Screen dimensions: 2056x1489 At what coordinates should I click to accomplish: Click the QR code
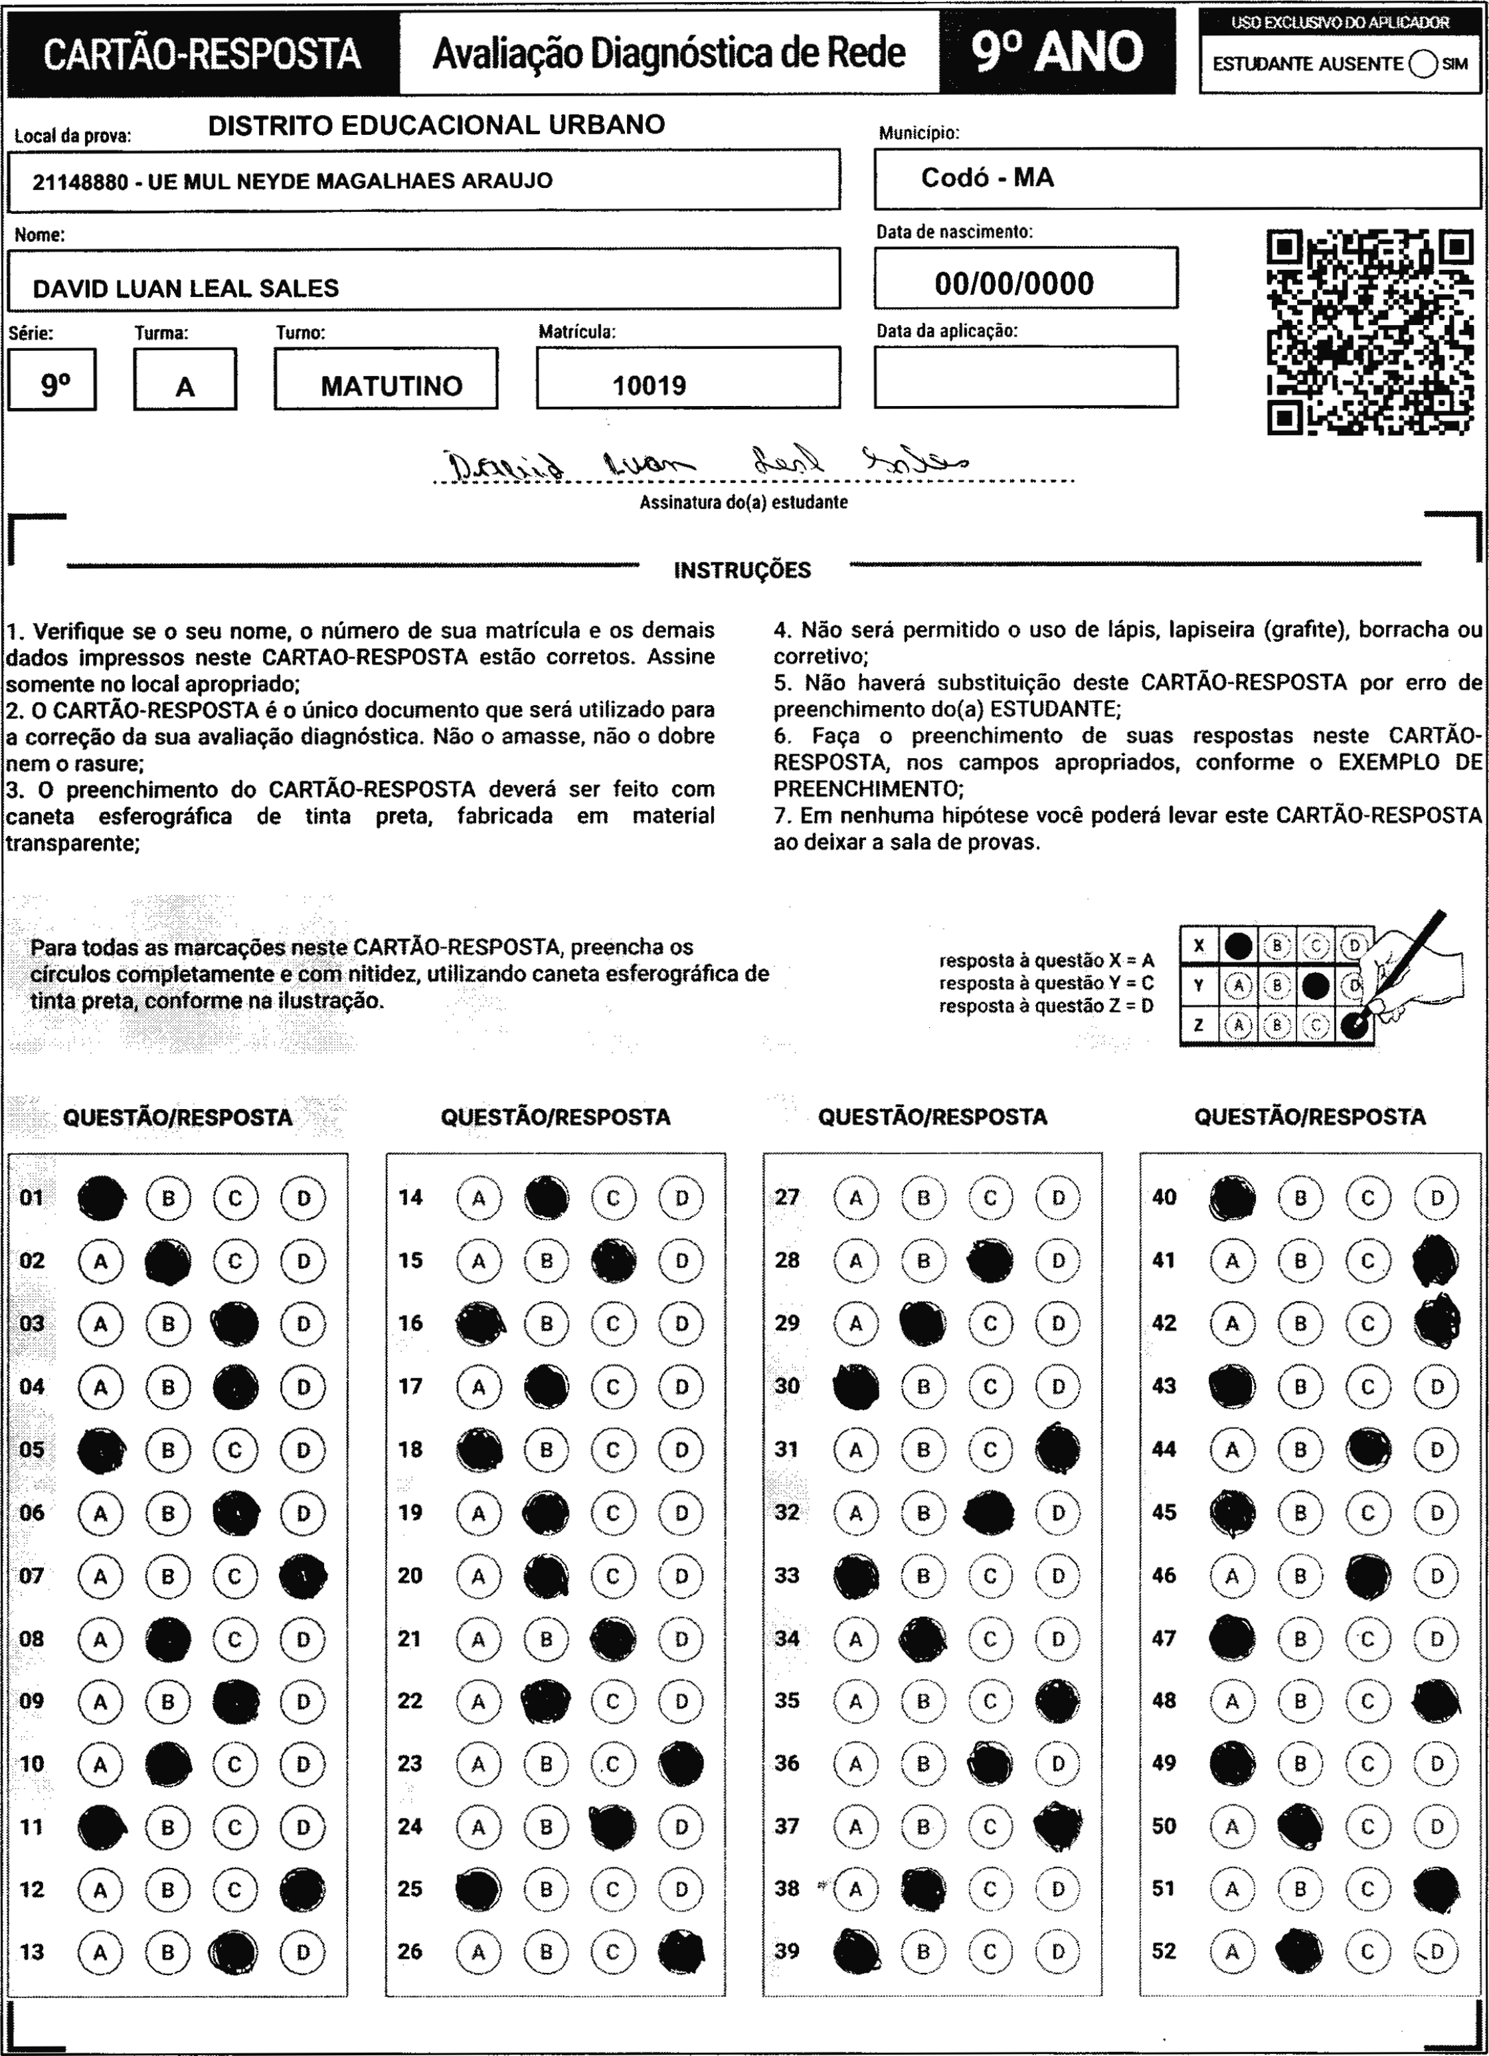(x=1369, y=332)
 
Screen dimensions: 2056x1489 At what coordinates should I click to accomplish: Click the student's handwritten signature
(x=707, y=465)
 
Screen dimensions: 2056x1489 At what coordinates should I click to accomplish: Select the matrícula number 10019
(x=649, y=386)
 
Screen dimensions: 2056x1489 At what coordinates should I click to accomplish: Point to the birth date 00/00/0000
(x=1014, y=284)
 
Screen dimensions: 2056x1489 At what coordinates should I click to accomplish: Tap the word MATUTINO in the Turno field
(x=391, y=386)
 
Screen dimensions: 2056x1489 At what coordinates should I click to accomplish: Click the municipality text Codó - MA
(x=987, y=177)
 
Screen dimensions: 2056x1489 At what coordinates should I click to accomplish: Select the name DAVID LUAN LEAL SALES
(x=186, y=288)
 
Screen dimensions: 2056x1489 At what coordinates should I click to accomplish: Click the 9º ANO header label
(x=1057, y=52)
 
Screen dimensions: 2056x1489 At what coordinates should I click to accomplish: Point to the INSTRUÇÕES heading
(x=743, y=570)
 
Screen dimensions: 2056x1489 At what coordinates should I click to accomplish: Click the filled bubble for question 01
(x=102, y=1197)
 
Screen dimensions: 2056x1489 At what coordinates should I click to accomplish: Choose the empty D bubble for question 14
(x=681, y=1197)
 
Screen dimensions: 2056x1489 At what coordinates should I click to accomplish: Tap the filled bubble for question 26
(x=681, y=1952)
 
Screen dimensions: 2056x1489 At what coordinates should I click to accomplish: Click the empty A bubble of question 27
(x=855, y=1197)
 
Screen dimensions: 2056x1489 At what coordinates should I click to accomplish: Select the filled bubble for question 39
(x=855, y=1952)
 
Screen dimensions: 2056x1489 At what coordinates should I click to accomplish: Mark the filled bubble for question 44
(x=1369, y=1449)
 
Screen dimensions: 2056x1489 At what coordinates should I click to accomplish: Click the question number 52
(x=1164, y=1951)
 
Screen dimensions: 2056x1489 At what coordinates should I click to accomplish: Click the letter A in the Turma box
(x=185, y=387)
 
